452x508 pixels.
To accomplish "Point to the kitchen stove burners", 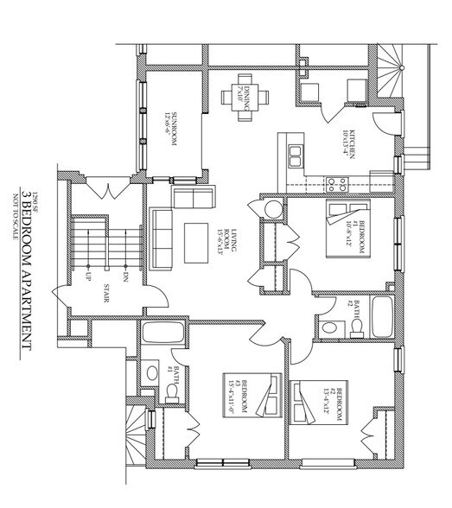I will point(336,183).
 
